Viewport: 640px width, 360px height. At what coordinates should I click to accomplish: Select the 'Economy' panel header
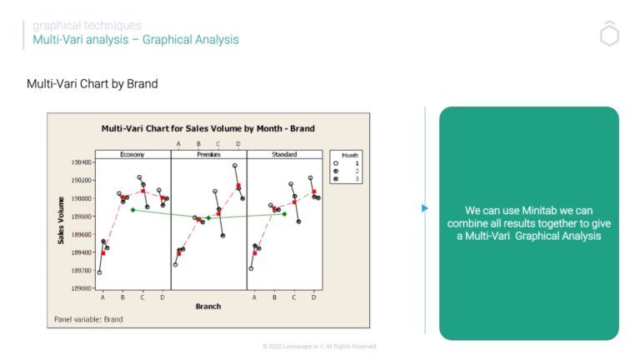click(x=132, y=154)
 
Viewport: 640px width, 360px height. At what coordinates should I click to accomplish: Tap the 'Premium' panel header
click(x=208, y=154)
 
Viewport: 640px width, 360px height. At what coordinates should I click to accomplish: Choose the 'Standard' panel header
click(x=284, y=154)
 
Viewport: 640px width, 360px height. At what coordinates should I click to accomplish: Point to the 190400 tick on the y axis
click(x=80, y=162)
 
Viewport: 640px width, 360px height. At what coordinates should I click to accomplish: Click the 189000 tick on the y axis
click(x=80, y=288)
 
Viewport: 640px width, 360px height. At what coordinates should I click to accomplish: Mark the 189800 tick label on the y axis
click(x=80, y=217)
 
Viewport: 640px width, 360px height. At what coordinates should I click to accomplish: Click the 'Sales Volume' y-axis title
click(x=61, y=220)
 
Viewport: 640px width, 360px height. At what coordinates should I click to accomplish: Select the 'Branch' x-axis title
click(x=207, y=307)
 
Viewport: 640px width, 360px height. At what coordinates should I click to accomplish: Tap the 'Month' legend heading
click(x=350, y=155)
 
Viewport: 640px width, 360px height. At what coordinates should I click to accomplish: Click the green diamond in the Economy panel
click(x=132, y=209)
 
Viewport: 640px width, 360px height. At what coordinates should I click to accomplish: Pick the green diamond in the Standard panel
click(x=284, y=214)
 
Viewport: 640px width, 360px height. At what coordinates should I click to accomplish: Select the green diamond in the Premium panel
click(x=208, y=218)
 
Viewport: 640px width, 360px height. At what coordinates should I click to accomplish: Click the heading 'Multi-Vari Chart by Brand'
click(x=92, y=84)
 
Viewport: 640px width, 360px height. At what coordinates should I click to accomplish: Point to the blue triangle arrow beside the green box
click(x=425, y=208)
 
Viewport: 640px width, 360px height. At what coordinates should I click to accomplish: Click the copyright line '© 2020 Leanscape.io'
click(x=319, y=346)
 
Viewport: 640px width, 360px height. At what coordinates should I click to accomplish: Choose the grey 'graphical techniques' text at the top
click(x=87, y=25)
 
